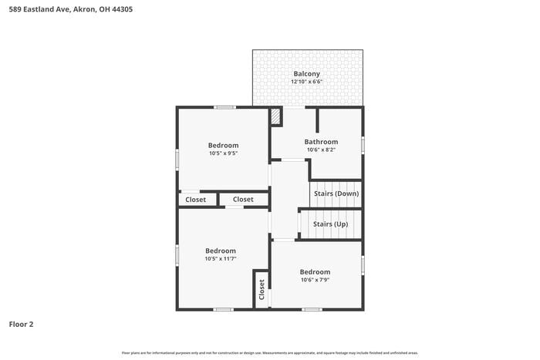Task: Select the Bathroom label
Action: point(321,142)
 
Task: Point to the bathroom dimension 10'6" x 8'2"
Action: point(321,150)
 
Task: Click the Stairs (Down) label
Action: point(336,193)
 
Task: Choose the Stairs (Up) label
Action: point(330,224)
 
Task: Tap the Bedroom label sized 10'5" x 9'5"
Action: point(223,145)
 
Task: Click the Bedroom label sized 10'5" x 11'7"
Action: point(221,251)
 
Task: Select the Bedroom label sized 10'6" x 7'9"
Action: point(315,272)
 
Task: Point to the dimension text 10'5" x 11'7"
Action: point(221,259)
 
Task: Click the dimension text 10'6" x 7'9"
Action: point(315,280)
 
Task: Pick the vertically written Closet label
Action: point(262,290)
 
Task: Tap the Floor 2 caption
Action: point(22,325)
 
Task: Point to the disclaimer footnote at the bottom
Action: point(269,352)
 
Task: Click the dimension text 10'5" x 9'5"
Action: point(223,153)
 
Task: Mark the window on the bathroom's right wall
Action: point(363,144)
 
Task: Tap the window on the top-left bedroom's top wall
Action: point(224,106)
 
